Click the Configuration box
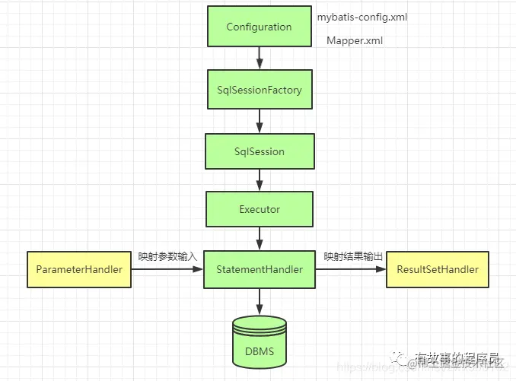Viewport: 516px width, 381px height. [259, 27]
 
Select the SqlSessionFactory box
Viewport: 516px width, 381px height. [259, 90]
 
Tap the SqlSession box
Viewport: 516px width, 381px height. [259, 151]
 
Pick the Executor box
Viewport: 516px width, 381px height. [259, 209]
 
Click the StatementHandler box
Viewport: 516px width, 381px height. [259, 269]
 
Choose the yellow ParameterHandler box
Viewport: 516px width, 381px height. [79, 269]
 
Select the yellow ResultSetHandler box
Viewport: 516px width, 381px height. [438, 269]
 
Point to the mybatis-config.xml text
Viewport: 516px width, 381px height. [362, 16]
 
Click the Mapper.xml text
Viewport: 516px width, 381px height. [354, 40]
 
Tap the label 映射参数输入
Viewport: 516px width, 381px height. [167, 257]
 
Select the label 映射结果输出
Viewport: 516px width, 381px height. [352, 257]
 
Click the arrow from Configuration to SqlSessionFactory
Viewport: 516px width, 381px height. [260, 58]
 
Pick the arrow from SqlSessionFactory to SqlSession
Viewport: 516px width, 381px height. [260, 120]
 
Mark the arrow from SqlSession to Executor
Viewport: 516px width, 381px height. [260, 179]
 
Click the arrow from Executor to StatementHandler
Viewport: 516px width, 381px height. [260, 238]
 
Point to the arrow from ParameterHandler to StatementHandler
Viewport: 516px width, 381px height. [167, 269]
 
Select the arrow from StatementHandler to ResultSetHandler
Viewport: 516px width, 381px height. [351, 269]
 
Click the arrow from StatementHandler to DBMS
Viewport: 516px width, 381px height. [260, 302]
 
